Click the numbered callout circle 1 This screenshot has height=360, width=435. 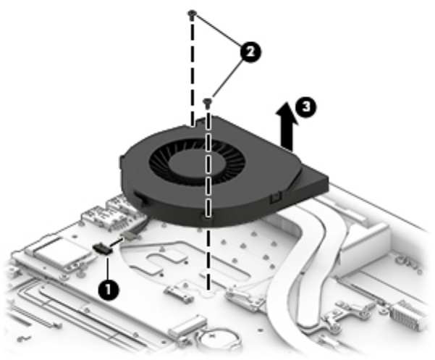click(x=108, y=290)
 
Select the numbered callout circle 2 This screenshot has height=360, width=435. click(x=250, y=52)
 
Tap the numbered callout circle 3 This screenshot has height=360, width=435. click(x=305, y=107)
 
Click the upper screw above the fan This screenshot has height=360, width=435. click(x=192, y=14)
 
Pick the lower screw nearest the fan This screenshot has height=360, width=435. click(x=208, y=103)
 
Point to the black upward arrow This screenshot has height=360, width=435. click(x=287, y=126)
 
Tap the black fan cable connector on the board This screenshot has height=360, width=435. click(x=103, y=248)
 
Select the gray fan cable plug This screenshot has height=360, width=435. click(x=128, y=235)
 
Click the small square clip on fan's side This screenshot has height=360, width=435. click(x=275, y=197)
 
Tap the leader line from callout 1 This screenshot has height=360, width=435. click(x=108, y=268)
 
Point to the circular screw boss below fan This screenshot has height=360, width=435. click(x=208, y=294)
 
